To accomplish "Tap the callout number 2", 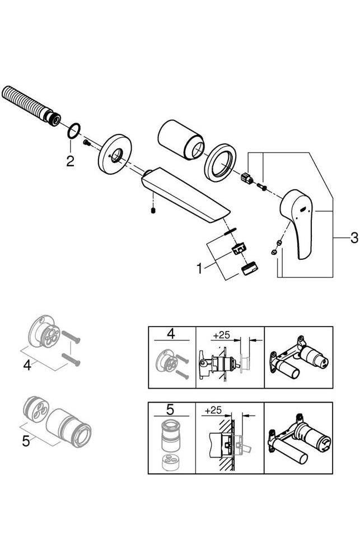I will coord(69,162).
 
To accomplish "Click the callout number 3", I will coord(353,238).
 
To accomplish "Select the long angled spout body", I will coord(185,196).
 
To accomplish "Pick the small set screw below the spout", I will coord(153,212).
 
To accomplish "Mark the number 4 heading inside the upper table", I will coord(171,335).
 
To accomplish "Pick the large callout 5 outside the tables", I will coord(26,441).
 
